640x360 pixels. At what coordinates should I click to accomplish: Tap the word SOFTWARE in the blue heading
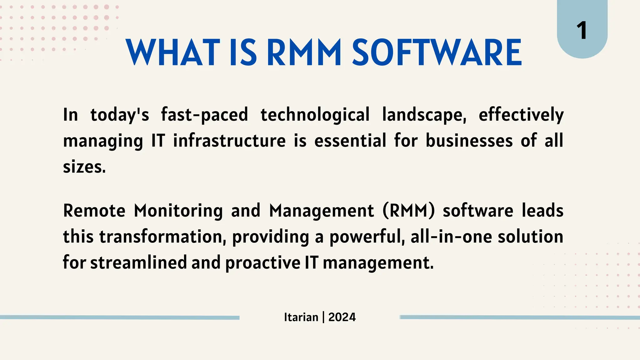pos(437,52)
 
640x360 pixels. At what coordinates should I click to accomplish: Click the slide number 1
pos(582,31)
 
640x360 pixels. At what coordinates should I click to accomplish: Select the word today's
pos(120,115)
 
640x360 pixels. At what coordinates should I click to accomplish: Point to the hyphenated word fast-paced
pos(204,115)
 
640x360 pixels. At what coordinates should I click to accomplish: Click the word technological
pos(315,115)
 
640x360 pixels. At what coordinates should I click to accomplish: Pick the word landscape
pos(424,115)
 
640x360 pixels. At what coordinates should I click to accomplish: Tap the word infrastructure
pos(229,141)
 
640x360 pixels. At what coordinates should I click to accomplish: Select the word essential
pos(350,141)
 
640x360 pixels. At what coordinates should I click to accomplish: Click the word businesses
pos(469,141)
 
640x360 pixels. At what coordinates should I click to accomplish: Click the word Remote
pos(94,211)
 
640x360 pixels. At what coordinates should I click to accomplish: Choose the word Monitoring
pos(178,211)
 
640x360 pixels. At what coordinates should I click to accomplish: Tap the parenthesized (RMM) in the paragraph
pos(408,211)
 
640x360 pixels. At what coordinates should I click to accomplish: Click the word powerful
pos(367,237)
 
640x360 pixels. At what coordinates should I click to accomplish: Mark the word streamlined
pos(138,262)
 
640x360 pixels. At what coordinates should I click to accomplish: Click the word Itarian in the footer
pos(301,317)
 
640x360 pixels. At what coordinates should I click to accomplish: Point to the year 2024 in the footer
pos(342,317)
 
